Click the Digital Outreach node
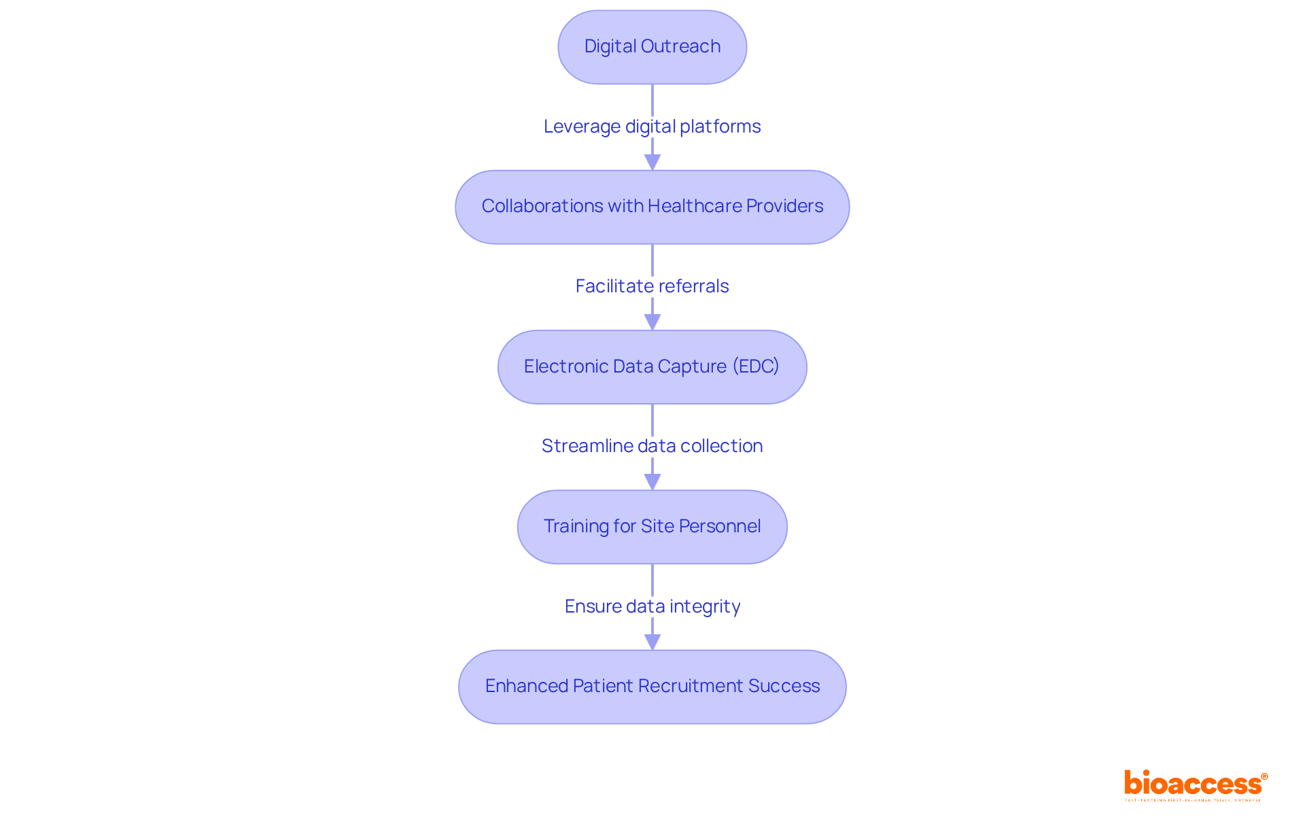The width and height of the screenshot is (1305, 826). pos(652,47)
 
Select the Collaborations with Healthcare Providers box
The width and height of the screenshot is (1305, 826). pos(652,207)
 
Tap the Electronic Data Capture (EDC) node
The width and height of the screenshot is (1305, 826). pos(652,367)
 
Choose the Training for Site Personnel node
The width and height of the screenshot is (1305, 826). pos(652,527)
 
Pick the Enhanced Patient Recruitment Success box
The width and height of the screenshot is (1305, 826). pos(652,687)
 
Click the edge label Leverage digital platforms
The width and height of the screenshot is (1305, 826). pos(652,126)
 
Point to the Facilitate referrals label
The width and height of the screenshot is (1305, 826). pos(652,286)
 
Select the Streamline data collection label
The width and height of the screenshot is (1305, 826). pos(652,446)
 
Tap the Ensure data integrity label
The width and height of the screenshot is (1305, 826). pos(652,606)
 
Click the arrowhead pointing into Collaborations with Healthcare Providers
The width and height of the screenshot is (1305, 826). pos(652,162)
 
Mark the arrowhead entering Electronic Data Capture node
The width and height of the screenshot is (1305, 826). pos(652,322)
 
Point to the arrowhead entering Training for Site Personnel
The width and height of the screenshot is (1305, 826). pos(652,481)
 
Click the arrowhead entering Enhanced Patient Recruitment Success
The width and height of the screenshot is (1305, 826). pos(652,641)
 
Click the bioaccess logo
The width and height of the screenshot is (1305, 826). pos(1193,784)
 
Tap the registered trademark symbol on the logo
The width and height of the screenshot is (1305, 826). pos(1264,776)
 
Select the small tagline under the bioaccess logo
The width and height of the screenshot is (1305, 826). pos(1193,800)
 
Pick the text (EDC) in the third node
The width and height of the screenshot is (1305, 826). pos(756,366)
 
